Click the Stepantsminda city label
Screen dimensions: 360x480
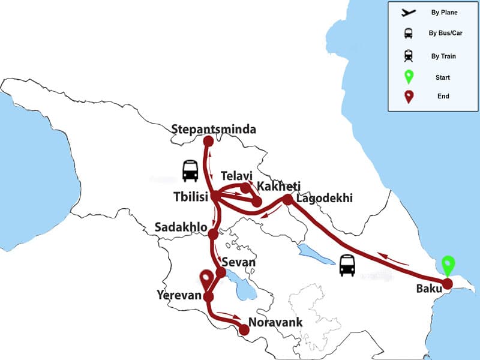(214, 129)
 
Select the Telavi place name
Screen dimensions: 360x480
(237, 176)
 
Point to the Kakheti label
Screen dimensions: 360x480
(278, 186)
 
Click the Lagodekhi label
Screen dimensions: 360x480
(325, 199)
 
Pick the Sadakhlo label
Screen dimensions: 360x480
(181, 228)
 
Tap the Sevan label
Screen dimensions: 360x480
(239, 262)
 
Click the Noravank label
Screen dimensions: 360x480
(277, 322)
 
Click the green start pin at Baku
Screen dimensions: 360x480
(447, 266)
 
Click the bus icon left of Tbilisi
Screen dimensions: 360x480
(190, 170)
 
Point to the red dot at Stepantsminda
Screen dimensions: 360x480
(208, 142)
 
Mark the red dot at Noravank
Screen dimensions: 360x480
(244, 329)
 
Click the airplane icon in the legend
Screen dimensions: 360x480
(409, 12)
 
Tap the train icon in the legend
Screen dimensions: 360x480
(409, 56)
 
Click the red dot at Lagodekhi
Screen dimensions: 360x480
(287, 199)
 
